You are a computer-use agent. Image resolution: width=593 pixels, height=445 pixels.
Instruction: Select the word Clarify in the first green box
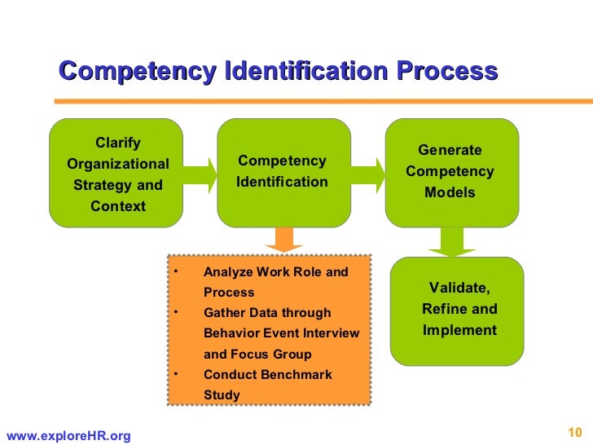[x=118, y=143]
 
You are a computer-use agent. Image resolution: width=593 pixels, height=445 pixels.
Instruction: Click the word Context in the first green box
[x=118, y=206]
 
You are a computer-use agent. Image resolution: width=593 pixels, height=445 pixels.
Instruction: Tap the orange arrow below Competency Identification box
[x=283, y=239]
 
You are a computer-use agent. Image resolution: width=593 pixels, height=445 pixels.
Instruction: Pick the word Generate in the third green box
[x=450, y=151]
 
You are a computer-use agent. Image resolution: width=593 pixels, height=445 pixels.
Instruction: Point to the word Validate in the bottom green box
[x=459, y=289]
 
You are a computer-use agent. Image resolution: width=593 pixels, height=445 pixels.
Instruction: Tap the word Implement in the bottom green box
[x=459, y=330]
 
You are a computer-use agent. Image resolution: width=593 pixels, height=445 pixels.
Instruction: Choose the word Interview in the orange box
[x=331, y=333]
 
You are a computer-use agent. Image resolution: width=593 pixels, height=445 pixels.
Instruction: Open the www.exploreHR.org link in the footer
[x=68, y=437]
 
